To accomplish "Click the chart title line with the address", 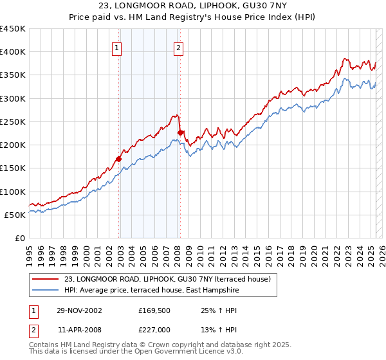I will pyautogui.click(x=192, y=6).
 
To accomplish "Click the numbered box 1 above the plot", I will pyautogui.click(x=116, y=47).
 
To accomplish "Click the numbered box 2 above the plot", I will pyautogui.click(x=178, y=47).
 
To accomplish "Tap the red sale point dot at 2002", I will pyautogui.click(x=119, y=159).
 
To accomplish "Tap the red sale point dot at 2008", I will pyautogui.click(x=180, y=132).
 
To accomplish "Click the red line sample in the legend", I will pyautogui.click(x=44, y=279).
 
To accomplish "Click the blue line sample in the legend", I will pyautogui.click(x=44, y=290).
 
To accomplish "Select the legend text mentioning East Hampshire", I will pyautogui.click(x=151, y=290).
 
